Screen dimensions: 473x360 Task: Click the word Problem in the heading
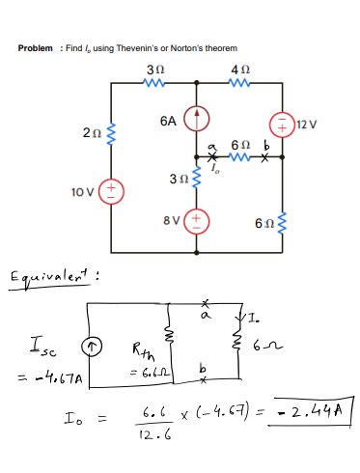tap(37, 48)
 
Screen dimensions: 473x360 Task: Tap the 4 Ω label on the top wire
tap(239, 70)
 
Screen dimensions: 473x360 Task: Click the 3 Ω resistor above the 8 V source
tap(197, 180)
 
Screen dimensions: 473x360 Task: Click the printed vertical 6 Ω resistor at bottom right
tap(284, 224)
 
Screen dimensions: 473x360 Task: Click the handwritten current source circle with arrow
tap(88, 346)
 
